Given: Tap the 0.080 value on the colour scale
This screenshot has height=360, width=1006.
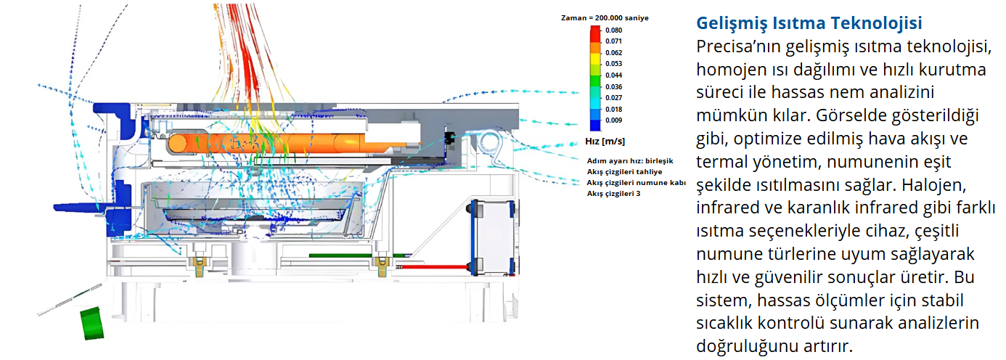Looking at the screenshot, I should pos(613,30).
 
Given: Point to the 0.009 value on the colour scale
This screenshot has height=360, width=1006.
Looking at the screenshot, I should pos(613,120).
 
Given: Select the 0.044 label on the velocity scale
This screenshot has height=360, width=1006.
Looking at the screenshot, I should pos(613,75).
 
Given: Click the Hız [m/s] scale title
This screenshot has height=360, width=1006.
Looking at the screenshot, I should pos(605,141).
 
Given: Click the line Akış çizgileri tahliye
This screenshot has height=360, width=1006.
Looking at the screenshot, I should pos(624,172).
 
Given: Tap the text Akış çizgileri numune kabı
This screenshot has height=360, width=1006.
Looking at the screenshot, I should pos(636,183).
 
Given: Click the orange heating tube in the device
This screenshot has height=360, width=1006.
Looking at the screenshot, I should pos(290,142).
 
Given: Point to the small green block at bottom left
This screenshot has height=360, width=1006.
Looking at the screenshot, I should pos(91,323).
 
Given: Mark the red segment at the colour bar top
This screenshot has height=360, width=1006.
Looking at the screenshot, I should pos(595,33).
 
